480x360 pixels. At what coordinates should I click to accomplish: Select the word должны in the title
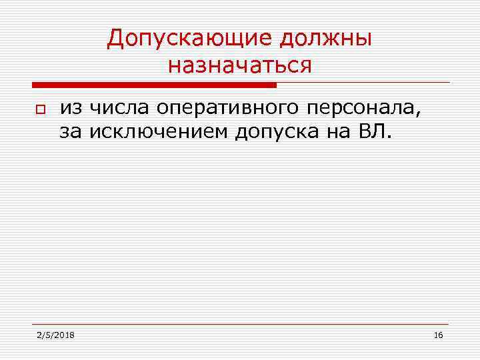click(326, 38)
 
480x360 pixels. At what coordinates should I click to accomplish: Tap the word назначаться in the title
click(240, 65)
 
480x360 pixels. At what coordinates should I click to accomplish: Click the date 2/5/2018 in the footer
click(56, 335)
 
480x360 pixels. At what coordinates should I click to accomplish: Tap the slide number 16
click(437, 335)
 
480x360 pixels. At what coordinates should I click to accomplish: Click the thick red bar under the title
click(154, 85)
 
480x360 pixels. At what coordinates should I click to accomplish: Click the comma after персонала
click(419, 115)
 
